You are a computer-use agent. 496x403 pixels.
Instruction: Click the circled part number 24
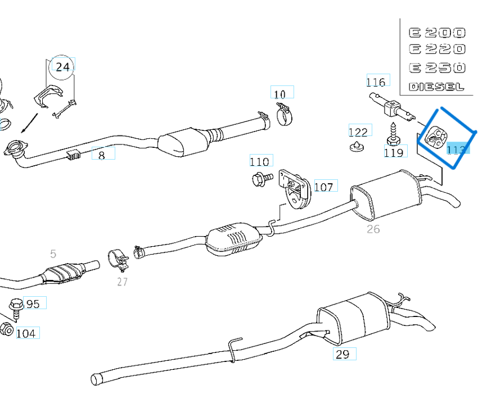pos(62,67)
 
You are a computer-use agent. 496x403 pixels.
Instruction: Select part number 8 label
pos(102,155)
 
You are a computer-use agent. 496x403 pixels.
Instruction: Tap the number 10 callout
pos(280,94)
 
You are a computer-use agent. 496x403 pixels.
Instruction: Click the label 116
pos(376,82)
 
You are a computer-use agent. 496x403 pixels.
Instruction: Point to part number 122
pos(358,132)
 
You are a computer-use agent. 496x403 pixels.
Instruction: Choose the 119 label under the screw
pos(394,152)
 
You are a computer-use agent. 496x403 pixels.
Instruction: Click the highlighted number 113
pos(456,149)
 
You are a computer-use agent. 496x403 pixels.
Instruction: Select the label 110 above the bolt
pos(260,162)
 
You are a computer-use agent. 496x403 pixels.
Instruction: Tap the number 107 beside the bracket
pos(323,187)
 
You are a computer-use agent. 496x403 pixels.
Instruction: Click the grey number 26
pos(373,229)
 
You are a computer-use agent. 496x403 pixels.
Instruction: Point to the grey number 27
pos(123,282)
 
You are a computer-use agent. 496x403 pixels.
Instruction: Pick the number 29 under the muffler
pos(342,354)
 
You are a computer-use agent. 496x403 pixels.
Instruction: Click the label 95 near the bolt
pos(33,304)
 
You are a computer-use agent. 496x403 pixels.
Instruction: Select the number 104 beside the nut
pos(26,333)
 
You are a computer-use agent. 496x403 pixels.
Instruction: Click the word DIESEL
pos(436,87)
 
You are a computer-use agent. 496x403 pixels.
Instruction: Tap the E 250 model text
pos(437,67)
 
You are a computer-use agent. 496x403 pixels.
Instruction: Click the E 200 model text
pos(437,33)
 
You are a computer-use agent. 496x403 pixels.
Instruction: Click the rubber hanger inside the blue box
pos(435,135)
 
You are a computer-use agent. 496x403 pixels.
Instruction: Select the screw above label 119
pos(392,133)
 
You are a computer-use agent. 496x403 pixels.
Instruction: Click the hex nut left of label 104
pos(7,329)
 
